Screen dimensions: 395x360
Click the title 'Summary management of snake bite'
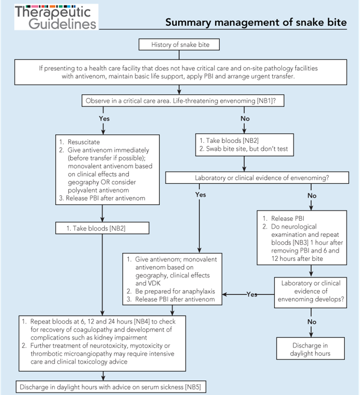[256, 22]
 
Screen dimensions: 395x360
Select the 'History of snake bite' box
[180, 45]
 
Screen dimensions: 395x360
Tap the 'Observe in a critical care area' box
[183, 101]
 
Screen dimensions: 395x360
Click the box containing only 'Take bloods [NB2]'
[102, 228]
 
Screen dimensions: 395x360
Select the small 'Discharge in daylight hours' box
[311, 349]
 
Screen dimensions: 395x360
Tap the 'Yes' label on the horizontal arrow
[252, 294]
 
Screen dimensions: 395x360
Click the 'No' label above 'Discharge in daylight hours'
[311, 322]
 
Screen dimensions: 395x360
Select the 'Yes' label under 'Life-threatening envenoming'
[104, 119]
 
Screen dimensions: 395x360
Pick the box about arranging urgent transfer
[180, 72]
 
